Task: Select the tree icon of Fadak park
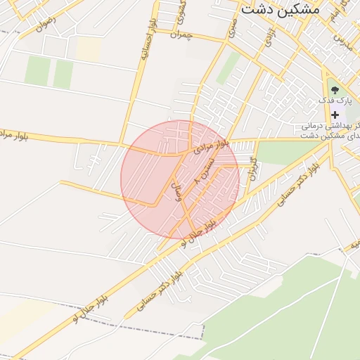tap(334, 89)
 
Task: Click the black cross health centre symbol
tap(335, 115)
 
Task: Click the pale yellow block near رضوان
tap(88, 48)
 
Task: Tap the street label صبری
tap(231, 27)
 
